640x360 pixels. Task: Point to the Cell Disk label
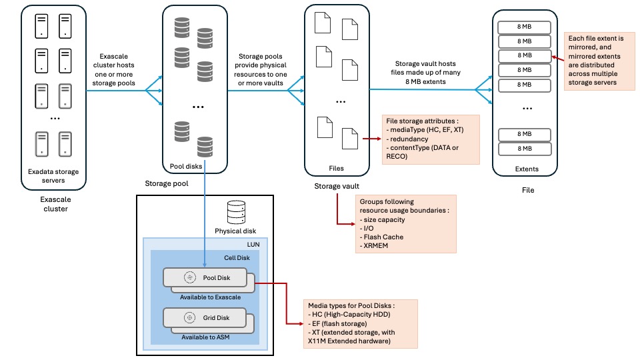pyautogui.click(x=237, y=258)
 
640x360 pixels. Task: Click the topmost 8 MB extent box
pyautogui.click(x=525, y=27)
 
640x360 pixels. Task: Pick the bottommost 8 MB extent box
pyautogui.click(x=525, y=149)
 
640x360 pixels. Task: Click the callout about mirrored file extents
pyautogui.click(x=599, y=60)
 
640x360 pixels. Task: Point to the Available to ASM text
pyautogui.click(x=205, y=337)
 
